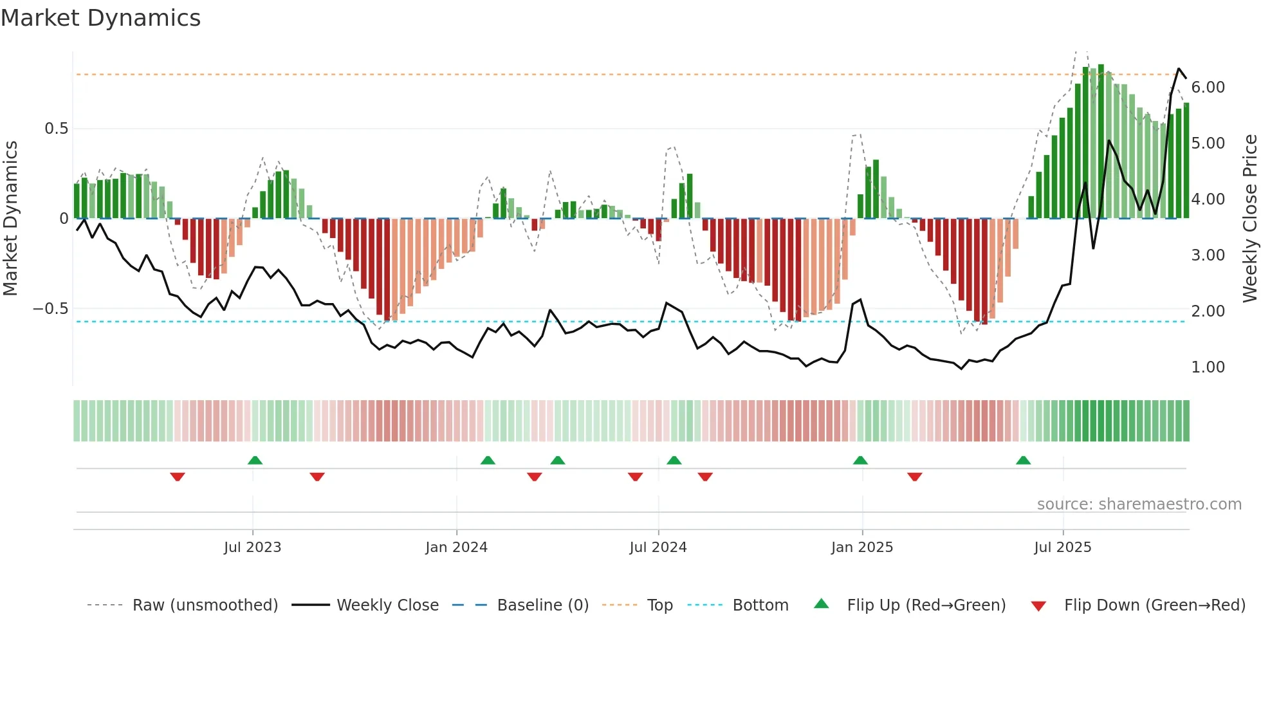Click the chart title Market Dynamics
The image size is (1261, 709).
[x=101, y=18]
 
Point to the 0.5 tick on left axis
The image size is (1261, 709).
[x=56, y=129]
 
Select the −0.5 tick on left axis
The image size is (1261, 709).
[x=50, y=309]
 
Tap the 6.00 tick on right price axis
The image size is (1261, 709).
[x=1208, y=87]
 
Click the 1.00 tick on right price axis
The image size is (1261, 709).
[x=1208, y=367]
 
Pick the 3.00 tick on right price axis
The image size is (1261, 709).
[x=1208, y=255]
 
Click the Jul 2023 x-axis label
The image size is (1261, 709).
[x=252, y=548]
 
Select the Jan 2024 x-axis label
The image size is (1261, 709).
[x=456, y=548]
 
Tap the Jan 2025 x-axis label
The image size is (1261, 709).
[x=861, y=548]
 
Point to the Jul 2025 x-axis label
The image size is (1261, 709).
[x=1062, y=548]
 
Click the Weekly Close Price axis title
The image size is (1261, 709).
[x=1249, y=218]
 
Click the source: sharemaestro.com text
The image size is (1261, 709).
[x=1139, y=504]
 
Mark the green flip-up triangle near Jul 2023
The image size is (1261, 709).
[x=255, y=460]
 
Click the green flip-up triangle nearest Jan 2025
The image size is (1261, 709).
[x=860, y=460]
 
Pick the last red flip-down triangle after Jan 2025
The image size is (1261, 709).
[x=915, y=477]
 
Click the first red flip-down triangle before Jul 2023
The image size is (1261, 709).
[x=178, y=477]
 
